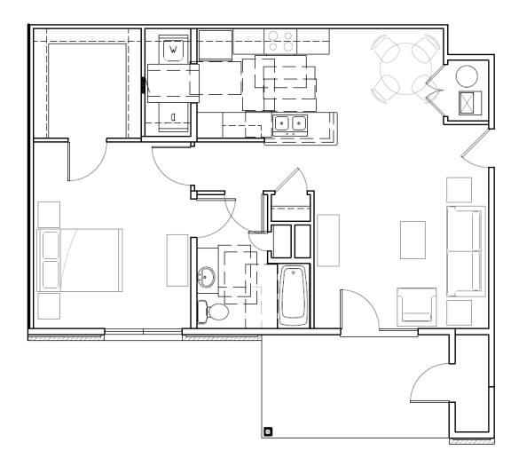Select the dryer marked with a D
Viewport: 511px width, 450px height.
click(174, 114)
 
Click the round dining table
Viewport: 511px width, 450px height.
click(405, 65)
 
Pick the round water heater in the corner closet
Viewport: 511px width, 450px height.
click(467, 75)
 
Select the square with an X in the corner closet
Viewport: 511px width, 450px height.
click(468, 102)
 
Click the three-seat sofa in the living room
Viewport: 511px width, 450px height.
click(466, 251)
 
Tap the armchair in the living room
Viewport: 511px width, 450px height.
click(416, 307)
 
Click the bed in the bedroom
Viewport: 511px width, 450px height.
click(79, 259)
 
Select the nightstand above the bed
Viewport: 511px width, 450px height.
click(49, 215)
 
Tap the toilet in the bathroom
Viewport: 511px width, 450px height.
click(214, 311)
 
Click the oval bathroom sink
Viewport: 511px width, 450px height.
click(208, 278)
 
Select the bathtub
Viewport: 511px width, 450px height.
click(292, 294)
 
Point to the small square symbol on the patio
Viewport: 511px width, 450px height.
click(269, 432)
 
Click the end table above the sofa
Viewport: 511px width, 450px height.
click(459, 190)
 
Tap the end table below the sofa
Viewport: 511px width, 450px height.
click(459, 312)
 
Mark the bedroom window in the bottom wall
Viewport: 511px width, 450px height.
click(143, 334)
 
